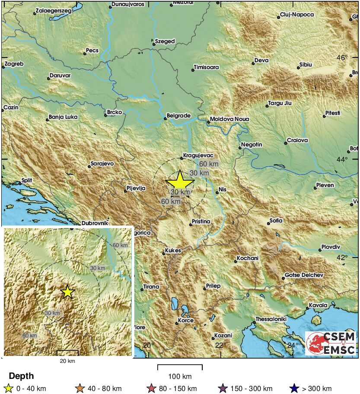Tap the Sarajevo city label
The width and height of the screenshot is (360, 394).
102,164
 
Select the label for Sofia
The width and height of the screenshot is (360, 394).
276,221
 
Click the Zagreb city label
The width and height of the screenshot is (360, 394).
14,64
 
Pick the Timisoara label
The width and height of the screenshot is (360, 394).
207,67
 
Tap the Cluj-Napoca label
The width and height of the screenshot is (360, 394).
297,15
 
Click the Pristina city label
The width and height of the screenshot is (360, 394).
201,222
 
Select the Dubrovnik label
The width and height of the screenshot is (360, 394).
93,223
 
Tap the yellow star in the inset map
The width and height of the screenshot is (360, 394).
67,292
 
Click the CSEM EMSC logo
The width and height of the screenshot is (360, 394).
331,343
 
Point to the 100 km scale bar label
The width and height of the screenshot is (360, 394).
180,376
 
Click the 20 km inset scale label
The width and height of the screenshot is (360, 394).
67,361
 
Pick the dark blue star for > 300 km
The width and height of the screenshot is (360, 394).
294,388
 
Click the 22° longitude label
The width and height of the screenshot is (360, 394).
220,345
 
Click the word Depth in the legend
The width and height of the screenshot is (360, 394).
21,376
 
